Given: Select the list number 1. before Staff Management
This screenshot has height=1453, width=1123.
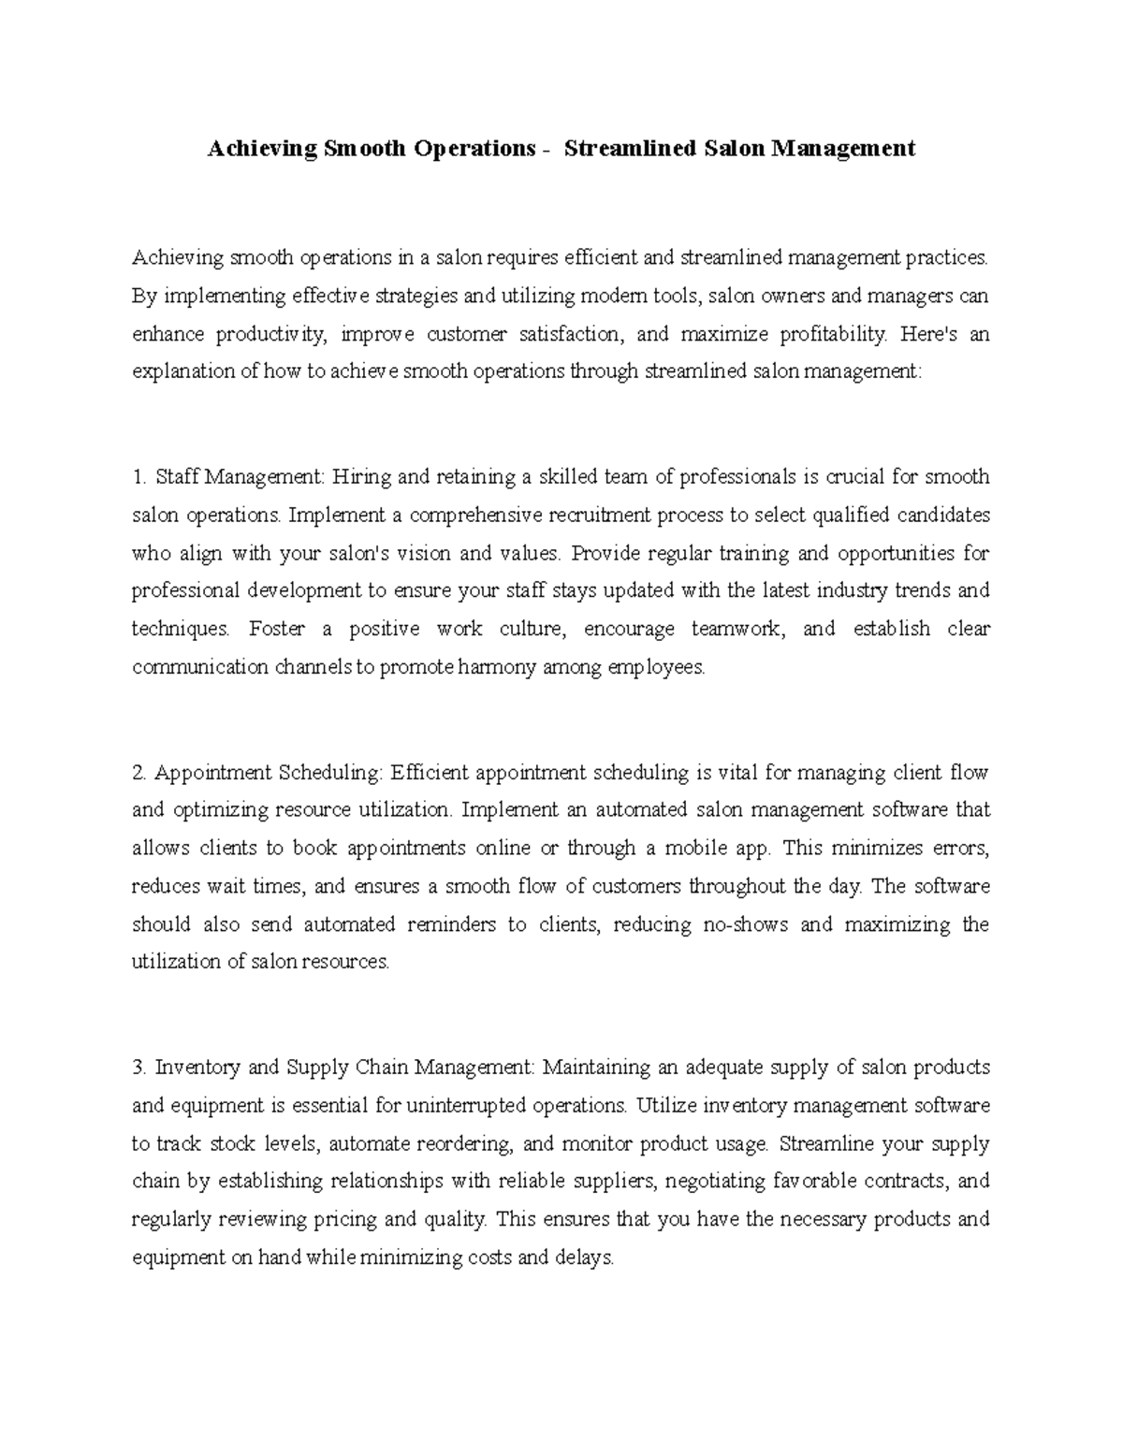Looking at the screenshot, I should click(x=139, y=477).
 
